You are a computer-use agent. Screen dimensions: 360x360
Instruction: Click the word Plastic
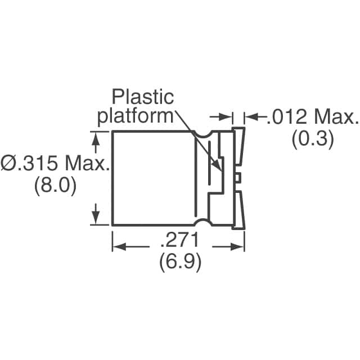(x=142, y=97)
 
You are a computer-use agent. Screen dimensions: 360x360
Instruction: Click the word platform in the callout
(x=135, y=116)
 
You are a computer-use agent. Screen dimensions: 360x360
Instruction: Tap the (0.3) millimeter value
(x=312, y=139)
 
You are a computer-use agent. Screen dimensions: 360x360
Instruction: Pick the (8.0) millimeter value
(x=55, y=186)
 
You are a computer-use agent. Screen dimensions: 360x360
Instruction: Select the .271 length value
(x=179, y=242)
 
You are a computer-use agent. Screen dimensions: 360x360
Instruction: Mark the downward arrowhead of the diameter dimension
(x=96, y=220)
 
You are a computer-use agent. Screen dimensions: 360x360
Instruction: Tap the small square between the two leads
(x=238, y=178)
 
